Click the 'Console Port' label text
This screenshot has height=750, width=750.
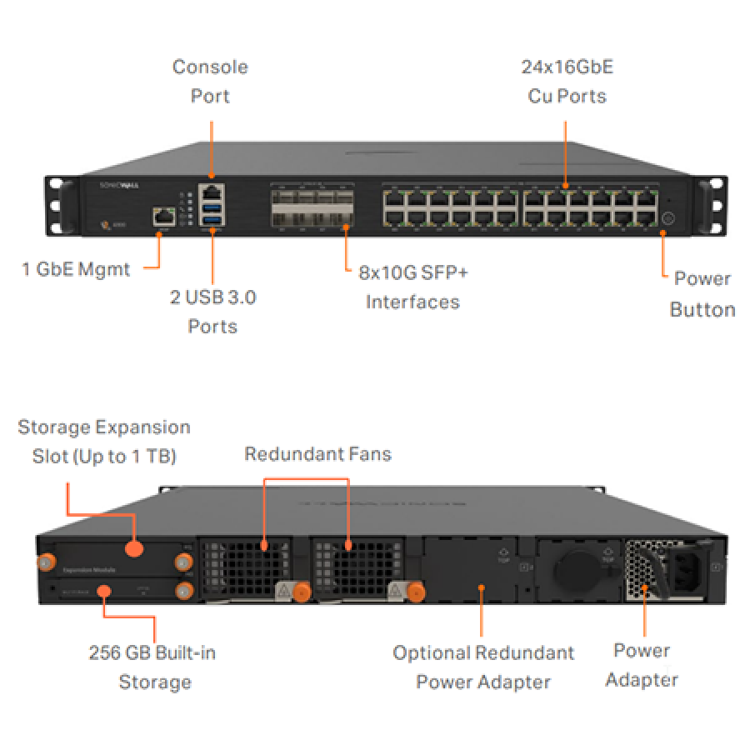(x=210, y=81)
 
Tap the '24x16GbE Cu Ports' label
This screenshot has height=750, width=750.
(x=567, y=81)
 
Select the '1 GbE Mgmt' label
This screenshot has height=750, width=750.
(x=76, y=269)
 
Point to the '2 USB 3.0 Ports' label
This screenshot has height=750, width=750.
(x=212, y=311)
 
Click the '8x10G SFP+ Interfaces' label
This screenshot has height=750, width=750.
(x=412, y=287)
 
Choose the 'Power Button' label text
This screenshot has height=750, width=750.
(x=702, y=294)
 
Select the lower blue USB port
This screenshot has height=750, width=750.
(x=212, y=220)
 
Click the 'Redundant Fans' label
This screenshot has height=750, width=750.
(x=317, y=454)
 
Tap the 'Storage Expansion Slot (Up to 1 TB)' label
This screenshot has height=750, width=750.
(x=104, y=442)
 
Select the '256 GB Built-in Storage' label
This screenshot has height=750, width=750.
(x=152, y=667)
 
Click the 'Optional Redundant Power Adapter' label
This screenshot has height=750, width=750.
(x=483, y=667)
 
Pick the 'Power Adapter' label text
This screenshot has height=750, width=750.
(x=642, y=664)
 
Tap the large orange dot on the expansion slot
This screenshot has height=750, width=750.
(x=133, y=548)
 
